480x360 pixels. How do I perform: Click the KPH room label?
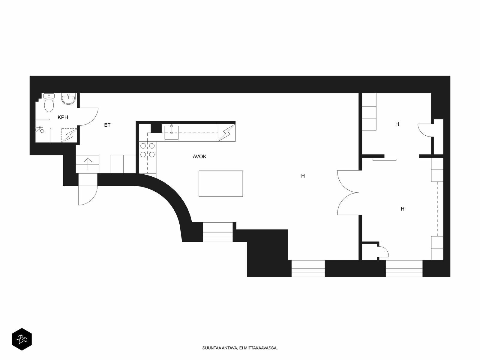(x=63, y=117)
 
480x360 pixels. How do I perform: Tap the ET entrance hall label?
(x=107, y=125)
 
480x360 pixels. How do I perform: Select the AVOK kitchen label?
(x=199, y=157)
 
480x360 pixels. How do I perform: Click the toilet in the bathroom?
(x=49, y=103)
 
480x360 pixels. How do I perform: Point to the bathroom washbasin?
(x=68, y=99)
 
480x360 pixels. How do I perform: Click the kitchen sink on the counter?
(x=171, y=133)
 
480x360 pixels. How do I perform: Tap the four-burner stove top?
(x=147, y=150)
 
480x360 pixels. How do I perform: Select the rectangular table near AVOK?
(x=220, y=184)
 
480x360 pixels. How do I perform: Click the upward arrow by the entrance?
(x=88, y=164)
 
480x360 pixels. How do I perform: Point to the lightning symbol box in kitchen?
(x=226, y=133)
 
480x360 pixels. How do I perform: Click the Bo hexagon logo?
(x=22, y=339)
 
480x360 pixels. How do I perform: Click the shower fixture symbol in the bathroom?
(x=40, y=130)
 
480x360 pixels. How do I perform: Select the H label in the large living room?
(x=303, y=176)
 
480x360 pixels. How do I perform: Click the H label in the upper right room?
(x=397, y=124)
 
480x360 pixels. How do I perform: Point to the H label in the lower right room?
(x=402, y=209)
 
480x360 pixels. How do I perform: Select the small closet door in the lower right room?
(x=385, y=250)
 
